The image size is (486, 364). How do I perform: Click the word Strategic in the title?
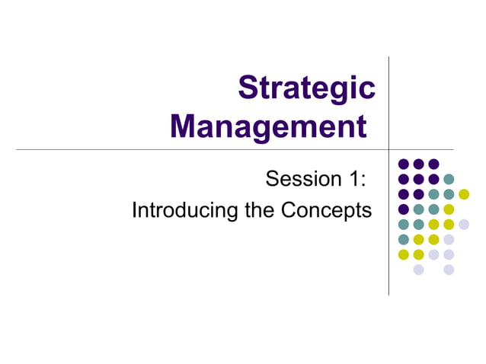tap(306, 89)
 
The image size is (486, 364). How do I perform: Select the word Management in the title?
tap(268, 126)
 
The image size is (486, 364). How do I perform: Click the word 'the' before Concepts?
tap(261, 210)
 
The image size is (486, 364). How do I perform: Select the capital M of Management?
tap(185, 126)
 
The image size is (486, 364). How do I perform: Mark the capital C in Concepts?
tap(289, 210)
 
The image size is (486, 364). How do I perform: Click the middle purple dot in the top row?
tap(418, 164)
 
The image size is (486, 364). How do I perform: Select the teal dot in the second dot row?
tap(449, 179)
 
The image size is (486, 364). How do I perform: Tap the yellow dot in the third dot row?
tap(464, 194)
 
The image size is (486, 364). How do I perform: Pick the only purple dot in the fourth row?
tap(403, 209)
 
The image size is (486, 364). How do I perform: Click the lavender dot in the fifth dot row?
tap(464, 224)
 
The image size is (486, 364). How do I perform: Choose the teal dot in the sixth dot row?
tap(403, 239)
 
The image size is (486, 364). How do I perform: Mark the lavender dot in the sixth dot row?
tap(449, 239)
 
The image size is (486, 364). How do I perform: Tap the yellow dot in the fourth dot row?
tap(449, 209)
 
